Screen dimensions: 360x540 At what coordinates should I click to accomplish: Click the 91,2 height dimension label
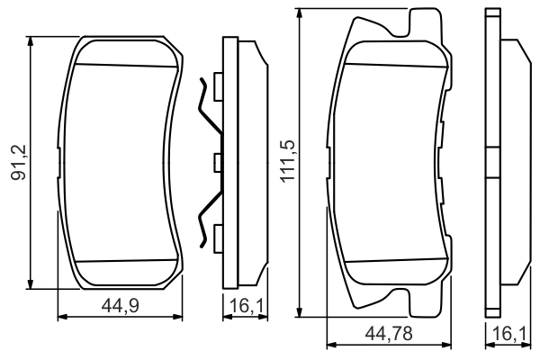click(x=16, y=160)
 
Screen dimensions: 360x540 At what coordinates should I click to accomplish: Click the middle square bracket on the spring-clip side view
click(x=217, y=163)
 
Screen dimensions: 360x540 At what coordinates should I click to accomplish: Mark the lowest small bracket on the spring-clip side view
click(x=217, y=239)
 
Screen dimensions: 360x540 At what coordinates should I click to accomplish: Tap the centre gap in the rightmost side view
click(x=491, y=163)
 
